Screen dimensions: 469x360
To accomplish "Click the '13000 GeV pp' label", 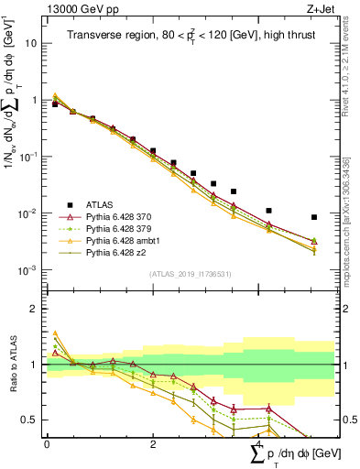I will pos(74,10).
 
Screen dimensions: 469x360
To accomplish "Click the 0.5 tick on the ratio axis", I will pos(32,420).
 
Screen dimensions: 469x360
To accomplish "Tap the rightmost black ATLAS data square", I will pos(314,217).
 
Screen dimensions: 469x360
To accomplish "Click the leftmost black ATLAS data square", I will pos(55,104).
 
